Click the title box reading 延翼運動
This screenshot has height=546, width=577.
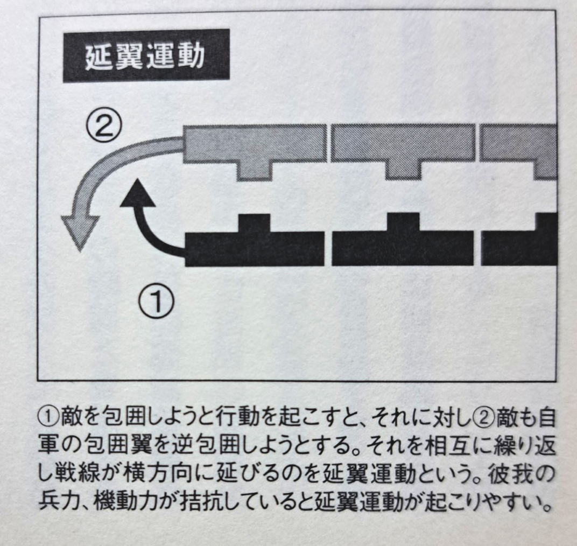[x=146, y=55]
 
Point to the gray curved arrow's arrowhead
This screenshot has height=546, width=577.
[x=81, y=233]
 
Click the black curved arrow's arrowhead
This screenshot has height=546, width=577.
[x=138, y=193]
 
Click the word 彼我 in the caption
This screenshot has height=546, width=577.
[x=510, y=475]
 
